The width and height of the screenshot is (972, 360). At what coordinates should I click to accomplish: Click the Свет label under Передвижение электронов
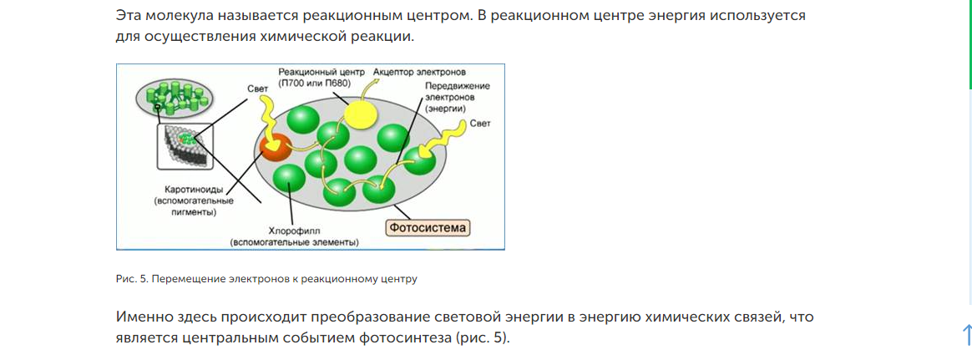coord(480,123)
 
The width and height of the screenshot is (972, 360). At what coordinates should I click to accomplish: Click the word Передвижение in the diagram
coord(457,86)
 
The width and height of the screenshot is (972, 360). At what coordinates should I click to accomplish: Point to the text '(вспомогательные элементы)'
coord(295,242)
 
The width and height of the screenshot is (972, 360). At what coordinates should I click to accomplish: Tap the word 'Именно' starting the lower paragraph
coord(144,317)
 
